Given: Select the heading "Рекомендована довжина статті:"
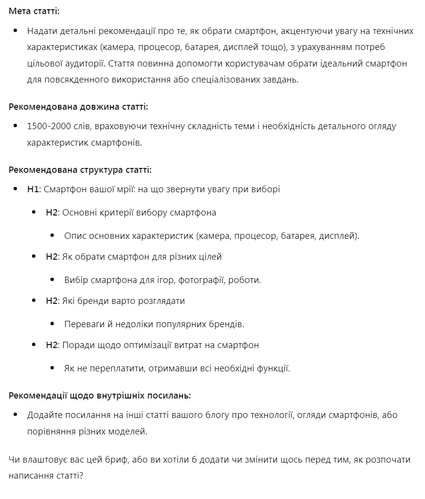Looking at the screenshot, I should [78, 106].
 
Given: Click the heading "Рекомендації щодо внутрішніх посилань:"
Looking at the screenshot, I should [99, 395].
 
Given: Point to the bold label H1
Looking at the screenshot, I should [33, 189].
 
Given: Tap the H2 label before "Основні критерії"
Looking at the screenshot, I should [51, 212].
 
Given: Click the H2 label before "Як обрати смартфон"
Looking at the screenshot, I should [51, 256].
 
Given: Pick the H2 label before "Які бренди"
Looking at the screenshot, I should [51, 300].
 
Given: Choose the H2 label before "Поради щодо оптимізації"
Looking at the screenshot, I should [51, 345].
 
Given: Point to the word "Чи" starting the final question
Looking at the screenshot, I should [14, 459].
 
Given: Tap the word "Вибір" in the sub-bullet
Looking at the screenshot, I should [76, 280].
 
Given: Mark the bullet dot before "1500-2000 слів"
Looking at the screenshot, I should [16, 126].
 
